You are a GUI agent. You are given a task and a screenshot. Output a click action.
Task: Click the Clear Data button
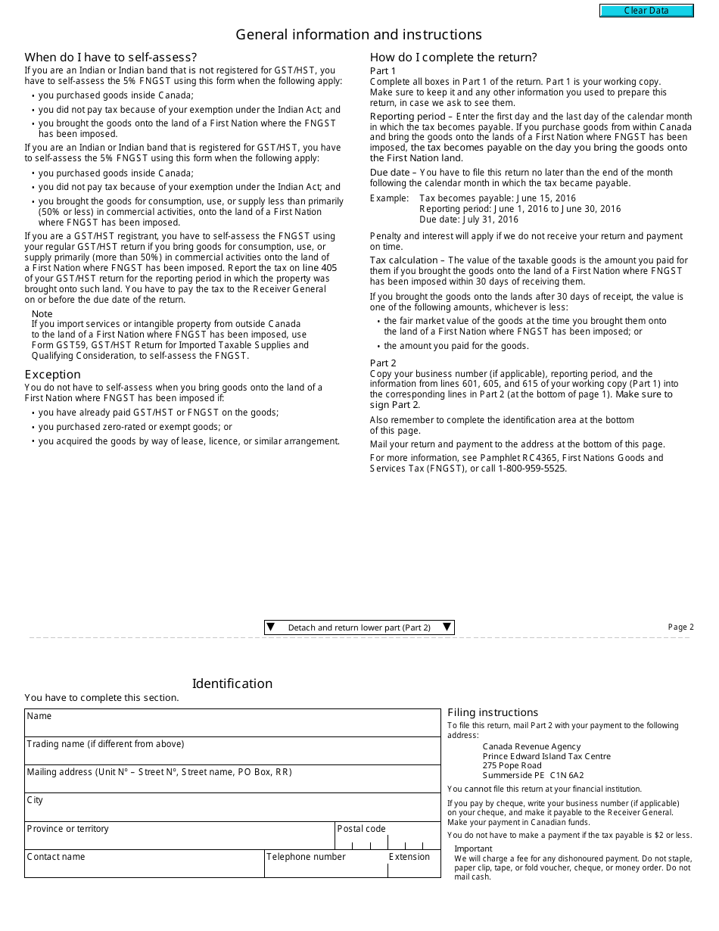(x=646, y=11)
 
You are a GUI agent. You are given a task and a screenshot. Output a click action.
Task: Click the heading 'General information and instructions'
(x=359, y=35)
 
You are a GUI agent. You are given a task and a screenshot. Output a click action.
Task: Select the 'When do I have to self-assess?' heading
(x=110, y=58)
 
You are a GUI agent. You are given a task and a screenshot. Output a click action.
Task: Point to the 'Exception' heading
(x=52, y=374)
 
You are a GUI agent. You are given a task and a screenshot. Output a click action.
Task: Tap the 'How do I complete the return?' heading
(x=453, y=58)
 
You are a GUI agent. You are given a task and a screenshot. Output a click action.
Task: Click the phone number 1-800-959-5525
(x=531, y=469)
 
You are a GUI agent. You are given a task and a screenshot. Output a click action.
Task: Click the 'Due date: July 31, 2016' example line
(x=468, y=220)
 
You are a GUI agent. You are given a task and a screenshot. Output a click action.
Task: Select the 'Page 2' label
(x=680, y=627)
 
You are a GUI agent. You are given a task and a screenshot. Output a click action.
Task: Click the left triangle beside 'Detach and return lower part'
(x=271, y=627)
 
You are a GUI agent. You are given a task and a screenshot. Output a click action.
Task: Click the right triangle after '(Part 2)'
(x=447, y=627)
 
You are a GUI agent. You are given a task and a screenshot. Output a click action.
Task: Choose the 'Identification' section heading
(x=232, y=683)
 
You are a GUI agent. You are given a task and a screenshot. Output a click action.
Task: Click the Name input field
(x=232, y=727)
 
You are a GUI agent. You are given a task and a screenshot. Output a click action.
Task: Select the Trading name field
(x=232, y=755)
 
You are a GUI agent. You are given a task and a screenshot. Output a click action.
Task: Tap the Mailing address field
(x=232, y=783)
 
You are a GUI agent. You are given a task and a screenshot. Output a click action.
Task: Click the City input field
(x=232, y=811)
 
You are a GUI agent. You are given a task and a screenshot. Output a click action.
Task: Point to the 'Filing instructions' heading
(x=493, y=712)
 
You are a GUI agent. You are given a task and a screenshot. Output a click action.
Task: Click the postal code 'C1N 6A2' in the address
(x=567, y=775)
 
